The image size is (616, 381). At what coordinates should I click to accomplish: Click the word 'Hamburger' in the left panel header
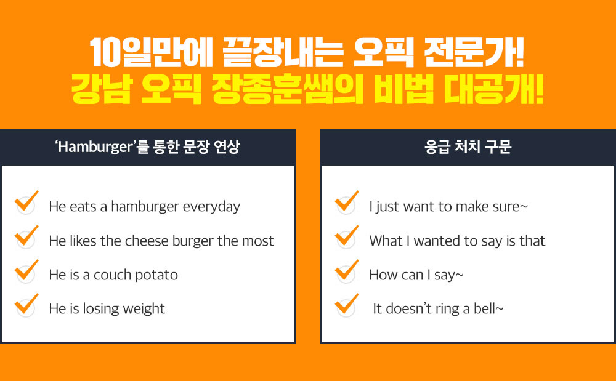click(x=95, y=148)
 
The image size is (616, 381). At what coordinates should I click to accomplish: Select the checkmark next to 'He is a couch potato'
click(x=26, y=271)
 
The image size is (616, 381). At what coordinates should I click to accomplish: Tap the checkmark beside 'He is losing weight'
click(x=26, y=305)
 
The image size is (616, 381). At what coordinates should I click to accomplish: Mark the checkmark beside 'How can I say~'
click(x=347, y=271)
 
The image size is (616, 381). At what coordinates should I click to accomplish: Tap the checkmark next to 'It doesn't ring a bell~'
click(x=347, y=305)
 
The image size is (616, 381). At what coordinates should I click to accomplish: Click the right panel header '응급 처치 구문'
click(x=468, y=148)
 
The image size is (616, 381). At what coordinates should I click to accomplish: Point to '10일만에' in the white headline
click(x=151, y=52)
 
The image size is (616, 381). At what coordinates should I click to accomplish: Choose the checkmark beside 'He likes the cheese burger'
click(x=26, y=236)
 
